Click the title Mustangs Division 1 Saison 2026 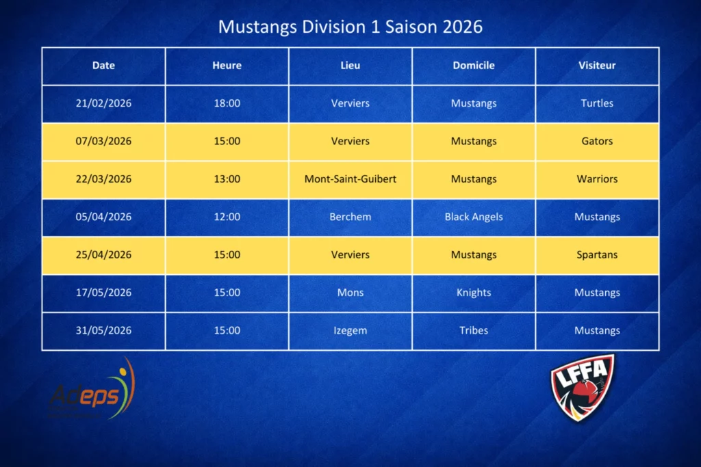pyautogui.click(x=350, y=27)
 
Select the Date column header pyautogui.click(x=104, y=66)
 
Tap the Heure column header pyautogui.click(x=227, y=66)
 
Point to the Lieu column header pyautogui.click(x=350, y=66)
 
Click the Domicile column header pyautogui.click(x=474, y=66)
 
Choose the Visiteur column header pyautogui.click(x=597, y=66)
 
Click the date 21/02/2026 pyautogui.click(x=104, y=103)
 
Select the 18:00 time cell pyautogui.click(x=227, y=103)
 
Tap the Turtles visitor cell pyautogui.click(x=597, y=103)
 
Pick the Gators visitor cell pyautogui.click(x=597, y=141)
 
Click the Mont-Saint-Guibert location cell pyautogui.click(x=350, y=179)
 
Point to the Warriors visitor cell pyautogui.click(x=597, y=179)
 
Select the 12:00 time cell pyautogui.click(x=227, y=217)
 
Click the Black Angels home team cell pyautogui.click(x=474, y=217)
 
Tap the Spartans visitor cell pyautogui.click(x=597, y=255)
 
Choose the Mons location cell pyautogui.click(x=350, y=293)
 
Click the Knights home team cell pyautogui.click(x=474, y=293)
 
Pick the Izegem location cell pyautogui.click(x=350, y=330)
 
